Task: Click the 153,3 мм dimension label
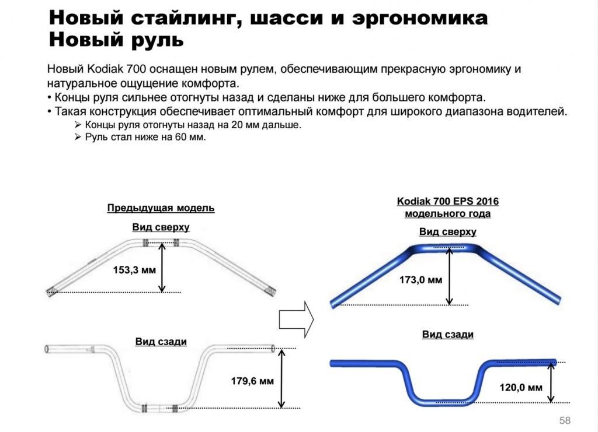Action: point(134,271)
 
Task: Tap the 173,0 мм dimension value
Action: point(420,280)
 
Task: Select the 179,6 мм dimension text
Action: point(252,381)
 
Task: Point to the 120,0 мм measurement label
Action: point(521,388)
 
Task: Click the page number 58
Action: point(565,420)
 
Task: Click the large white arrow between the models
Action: point(296,319)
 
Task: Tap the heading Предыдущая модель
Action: point(161,208)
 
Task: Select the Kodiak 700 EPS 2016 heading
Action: point(448,201)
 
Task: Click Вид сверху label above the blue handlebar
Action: point(448,232)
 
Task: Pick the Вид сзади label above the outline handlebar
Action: point(161,342)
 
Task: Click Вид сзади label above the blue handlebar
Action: point(448,335)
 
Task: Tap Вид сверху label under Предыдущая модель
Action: point(161,227)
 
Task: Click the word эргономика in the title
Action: point(419,19)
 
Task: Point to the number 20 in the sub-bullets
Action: point(237,125)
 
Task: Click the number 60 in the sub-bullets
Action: point(181,137)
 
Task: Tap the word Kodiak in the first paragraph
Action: point(105,69)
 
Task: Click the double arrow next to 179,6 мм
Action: point(281,379)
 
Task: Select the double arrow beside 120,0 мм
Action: point(551,382)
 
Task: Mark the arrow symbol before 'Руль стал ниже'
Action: point(78,137)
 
